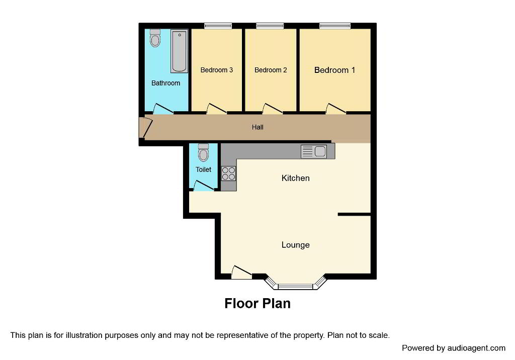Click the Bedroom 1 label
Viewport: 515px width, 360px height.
click(x=334, y=70)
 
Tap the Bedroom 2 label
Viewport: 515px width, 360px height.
click(x=271, y=70)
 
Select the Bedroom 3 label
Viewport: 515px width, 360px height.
click(x=216, y=70)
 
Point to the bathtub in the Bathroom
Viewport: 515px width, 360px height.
click(x=180, y=51)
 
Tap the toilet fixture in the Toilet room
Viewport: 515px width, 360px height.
click(x=203, y=152)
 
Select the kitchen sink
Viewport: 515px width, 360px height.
click(x=314, y=151)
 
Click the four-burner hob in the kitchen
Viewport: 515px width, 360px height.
click(x=229, y=174)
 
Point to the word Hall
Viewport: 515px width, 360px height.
click(x=257, y=127)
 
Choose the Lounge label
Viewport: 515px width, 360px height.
click(x=296, y=245)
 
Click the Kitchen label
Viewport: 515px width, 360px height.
click(x=296, y=178)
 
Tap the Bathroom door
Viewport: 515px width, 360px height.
click(x=163, y=109)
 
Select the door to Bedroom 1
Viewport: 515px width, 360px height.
click(x=335, y=109)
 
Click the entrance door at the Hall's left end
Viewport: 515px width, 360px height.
click(x=145, y=127)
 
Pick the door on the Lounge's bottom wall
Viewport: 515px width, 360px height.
click(x=242, y=273)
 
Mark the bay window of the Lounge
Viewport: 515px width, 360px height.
click(x=296, y=284)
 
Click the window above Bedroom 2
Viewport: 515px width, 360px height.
click(x=270, y=26)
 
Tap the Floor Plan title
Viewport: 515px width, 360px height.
click(x=257, y=304)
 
